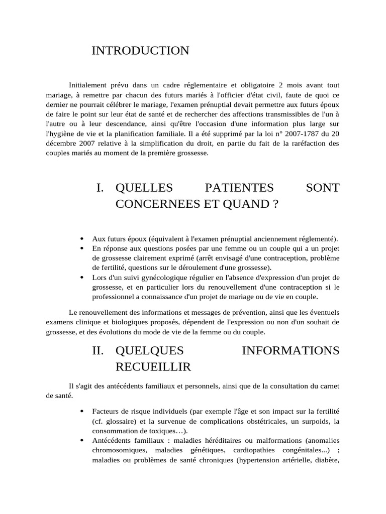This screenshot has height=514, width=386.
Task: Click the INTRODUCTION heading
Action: point(140,51)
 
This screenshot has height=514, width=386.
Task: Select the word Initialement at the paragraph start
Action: point(88,85)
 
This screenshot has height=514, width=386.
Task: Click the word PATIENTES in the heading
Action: point(239,188)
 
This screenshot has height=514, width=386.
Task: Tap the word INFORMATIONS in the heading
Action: point(291,350)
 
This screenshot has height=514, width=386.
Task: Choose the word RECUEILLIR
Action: point(153,366)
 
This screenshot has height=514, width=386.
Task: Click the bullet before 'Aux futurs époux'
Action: point(82,239)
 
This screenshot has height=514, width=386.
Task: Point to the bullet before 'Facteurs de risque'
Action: point(82,412)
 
